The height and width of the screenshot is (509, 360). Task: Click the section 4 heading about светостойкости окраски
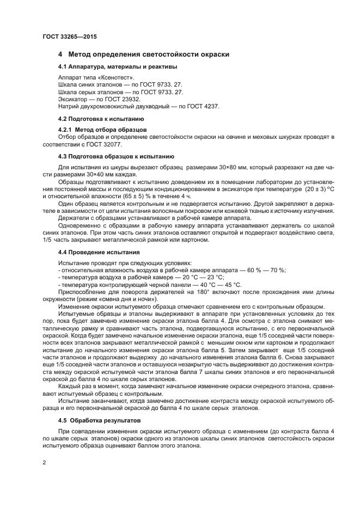pyautogui.click(x=144, y=54)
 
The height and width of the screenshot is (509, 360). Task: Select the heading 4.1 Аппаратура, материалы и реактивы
pyautogui.click(x=117, y=67)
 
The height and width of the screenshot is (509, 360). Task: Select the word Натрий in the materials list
pyautogui.click(x=69, y=106)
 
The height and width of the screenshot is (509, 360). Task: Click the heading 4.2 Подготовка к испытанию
pyautogui.click(x=101, y=118)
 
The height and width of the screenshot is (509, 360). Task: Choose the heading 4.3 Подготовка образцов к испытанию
pyautogui.click(x=116, y=156)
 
